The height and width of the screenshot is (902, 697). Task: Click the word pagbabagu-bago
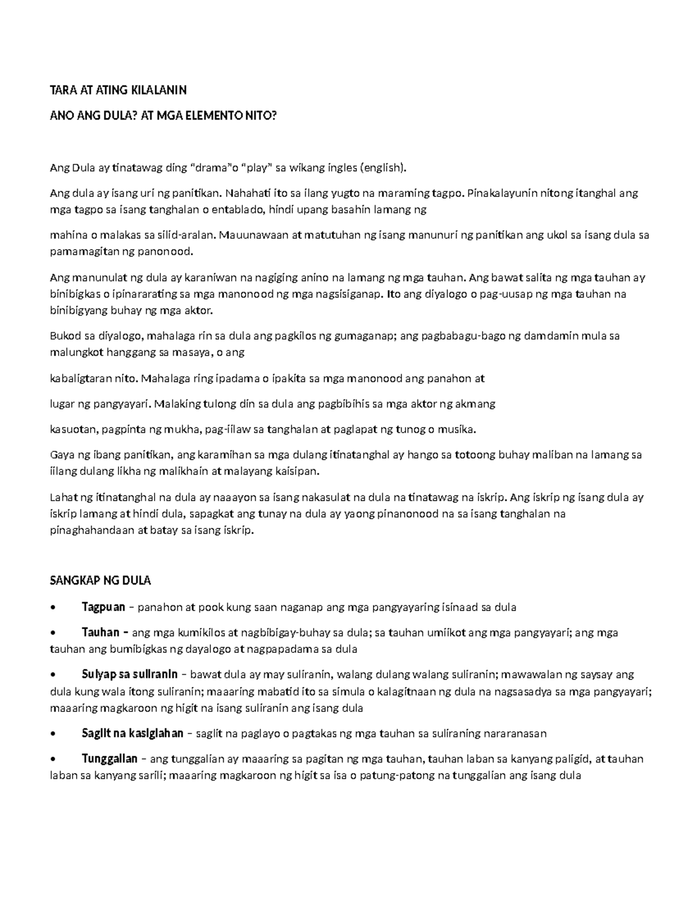pyautogui.click(x=458, y=336)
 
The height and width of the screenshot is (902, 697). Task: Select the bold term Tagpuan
pyautogui.click(x=103, y=608)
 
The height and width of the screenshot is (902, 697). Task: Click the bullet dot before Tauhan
pyautogui.click(x=54, y=633)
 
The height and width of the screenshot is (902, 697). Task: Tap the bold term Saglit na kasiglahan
pyautogui.click(x=132, y=733)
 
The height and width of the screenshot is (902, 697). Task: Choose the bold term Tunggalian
pyautogui.click(x=110, y=759)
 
